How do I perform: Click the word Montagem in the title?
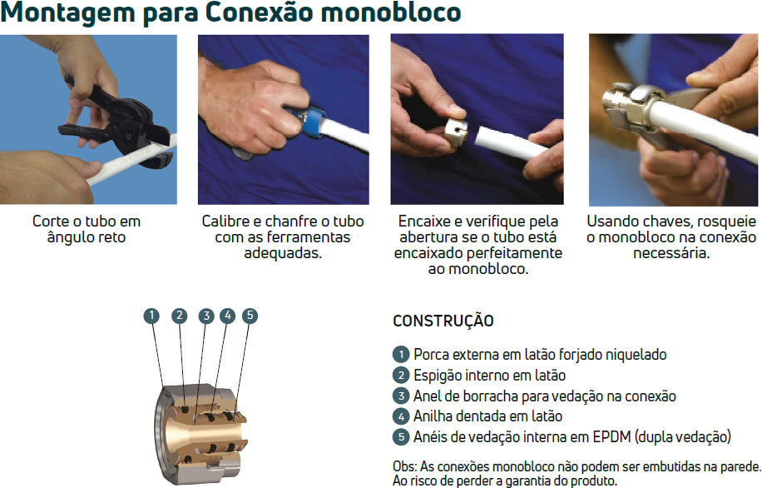(67, 12)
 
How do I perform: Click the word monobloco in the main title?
(391, 12)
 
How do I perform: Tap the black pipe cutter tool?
(116, 122)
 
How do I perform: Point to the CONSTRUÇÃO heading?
(443, 321)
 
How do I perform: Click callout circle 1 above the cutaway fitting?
(151, 316)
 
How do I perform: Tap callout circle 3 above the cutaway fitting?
(206, 316)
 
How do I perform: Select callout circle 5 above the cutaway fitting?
(250, 316)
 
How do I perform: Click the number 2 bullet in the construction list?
(401, 375)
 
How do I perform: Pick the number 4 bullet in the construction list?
(401, 416)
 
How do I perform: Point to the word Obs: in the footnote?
(405, 466)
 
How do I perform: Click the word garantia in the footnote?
(524, 481)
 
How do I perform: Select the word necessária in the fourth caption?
(671, 253)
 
